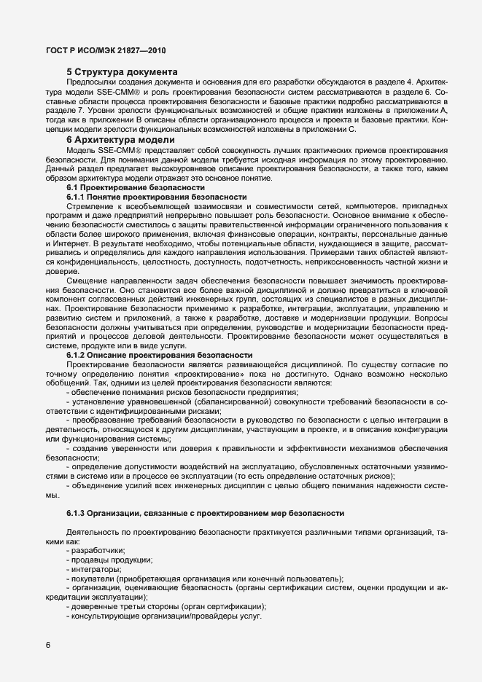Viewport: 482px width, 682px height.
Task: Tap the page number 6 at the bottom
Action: coord(48,644)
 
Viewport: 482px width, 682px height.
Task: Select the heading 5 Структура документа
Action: coord(122,72)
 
